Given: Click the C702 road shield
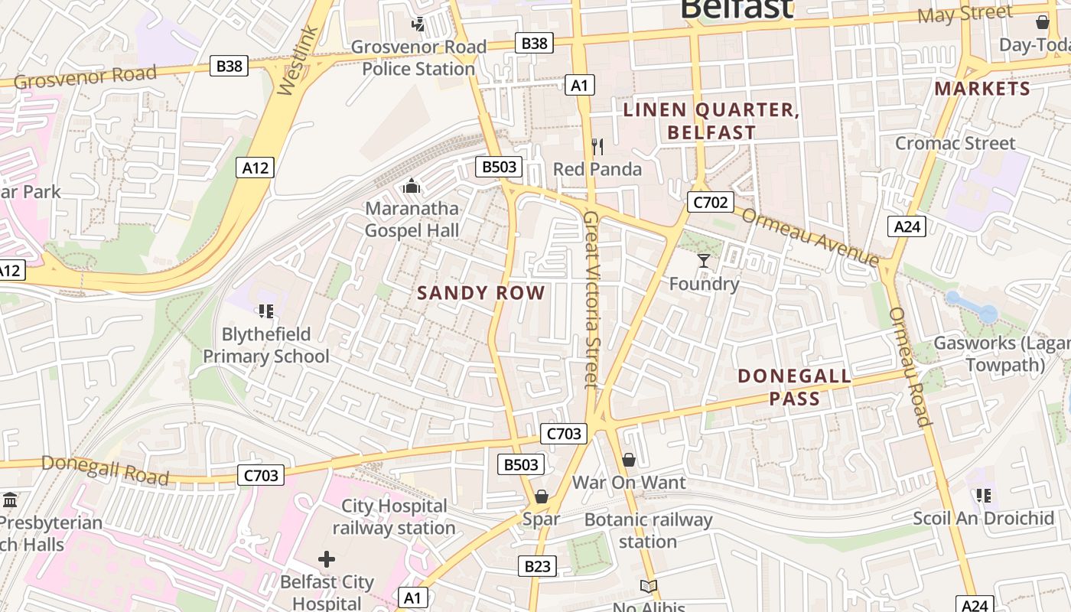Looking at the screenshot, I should point(710,202).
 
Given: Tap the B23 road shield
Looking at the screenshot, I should point(537,566).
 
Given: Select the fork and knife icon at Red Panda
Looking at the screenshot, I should point(597,146).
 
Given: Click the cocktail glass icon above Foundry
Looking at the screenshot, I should point(703,261).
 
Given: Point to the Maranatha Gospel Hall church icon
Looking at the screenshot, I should point(412,186).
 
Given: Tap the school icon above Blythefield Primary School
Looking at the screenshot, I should point(266,311).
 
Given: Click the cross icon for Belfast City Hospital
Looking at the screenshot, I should point(327,559).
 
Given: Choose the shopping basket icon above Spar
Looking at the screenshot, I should point(542,497).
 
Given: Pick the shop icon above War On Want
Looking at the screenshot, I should point(629,460).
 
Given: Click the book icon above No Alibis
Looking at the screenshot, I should point(649,587).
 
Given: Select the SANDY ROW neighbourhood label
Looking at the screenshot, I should point(481,293).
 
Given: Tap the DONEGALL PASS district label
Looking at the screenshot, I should point(795,387).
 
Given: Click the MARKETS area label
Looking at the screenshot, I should point(982,89).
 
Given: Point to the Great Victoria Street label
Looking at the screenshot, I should point(590,298).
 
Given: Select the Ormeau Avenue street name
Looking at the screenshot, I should point(810,237).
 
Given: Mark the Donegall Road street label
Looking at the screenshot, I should point(105,469).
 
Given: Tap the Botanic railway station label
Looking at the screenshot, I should point(648,530).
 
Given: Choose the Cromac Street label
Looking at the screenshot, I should point(955,143).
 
